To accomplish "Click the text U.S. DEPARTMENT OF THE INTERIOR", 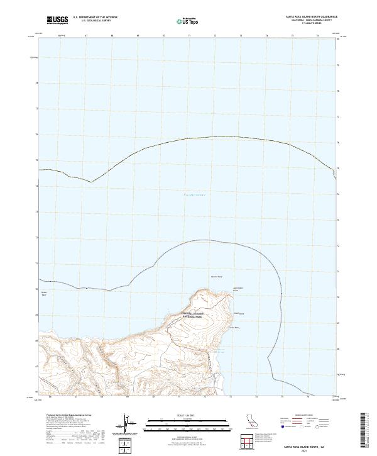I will pos(96,18).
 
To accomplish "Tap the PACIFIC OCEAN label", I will pos(194,195).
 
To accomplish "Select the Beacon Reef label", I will pos(216,275).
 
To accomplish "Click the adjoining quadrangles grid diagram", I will pos(249,442).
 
